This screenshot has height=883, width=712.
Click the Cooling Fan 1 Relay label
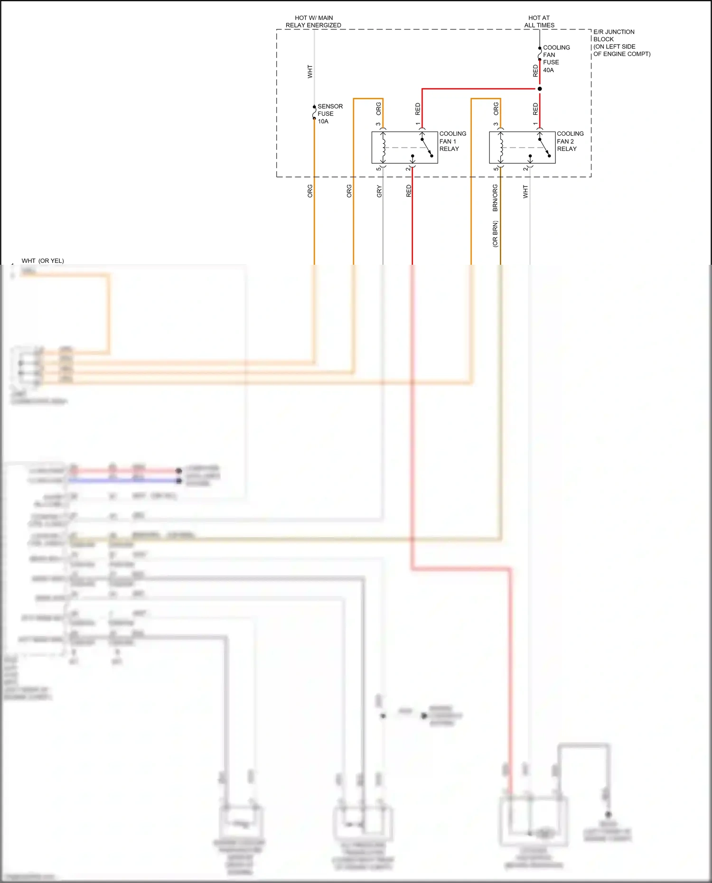tap(452, 141)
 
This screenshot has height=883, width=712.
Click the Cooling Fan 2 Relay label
tap(570, 141)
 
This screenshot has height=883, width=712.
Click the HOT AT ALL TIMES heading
tap(539, 21)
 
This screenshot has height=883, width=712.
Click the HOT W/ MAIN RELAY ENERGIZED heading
tap(313, 21)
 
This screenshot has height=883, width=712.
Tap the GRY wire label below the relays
tap(379, 192)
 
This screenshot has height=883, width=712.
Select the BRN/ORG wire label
tap(495, 198)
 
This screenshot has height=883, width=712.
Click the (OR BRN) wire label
tap(495, 234)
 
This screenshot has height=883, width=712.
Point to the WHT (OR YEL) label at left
tap(43, 260)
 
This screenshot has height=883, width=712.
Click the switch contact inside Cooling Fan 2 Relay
tap(544, 147)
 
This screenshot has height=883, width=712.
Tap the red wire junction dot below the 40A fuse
tap(540, 89)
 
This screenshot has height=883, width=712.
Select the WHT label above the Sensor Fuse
tap(310, 72)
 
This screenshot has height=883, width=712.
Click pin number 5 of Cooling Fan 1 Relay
tap(378, 169)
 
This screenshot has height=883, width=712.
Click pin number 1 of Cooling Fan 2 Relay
tap(535, 124)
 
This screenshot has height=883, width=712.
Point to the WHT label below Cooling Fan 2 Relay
tap(525, 192)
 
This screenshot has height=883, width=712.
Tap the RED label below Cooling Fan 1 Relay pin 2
tap(409, 191)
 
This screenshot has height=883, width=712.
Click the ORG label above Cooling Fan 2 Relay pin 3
tap(496, 109)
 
